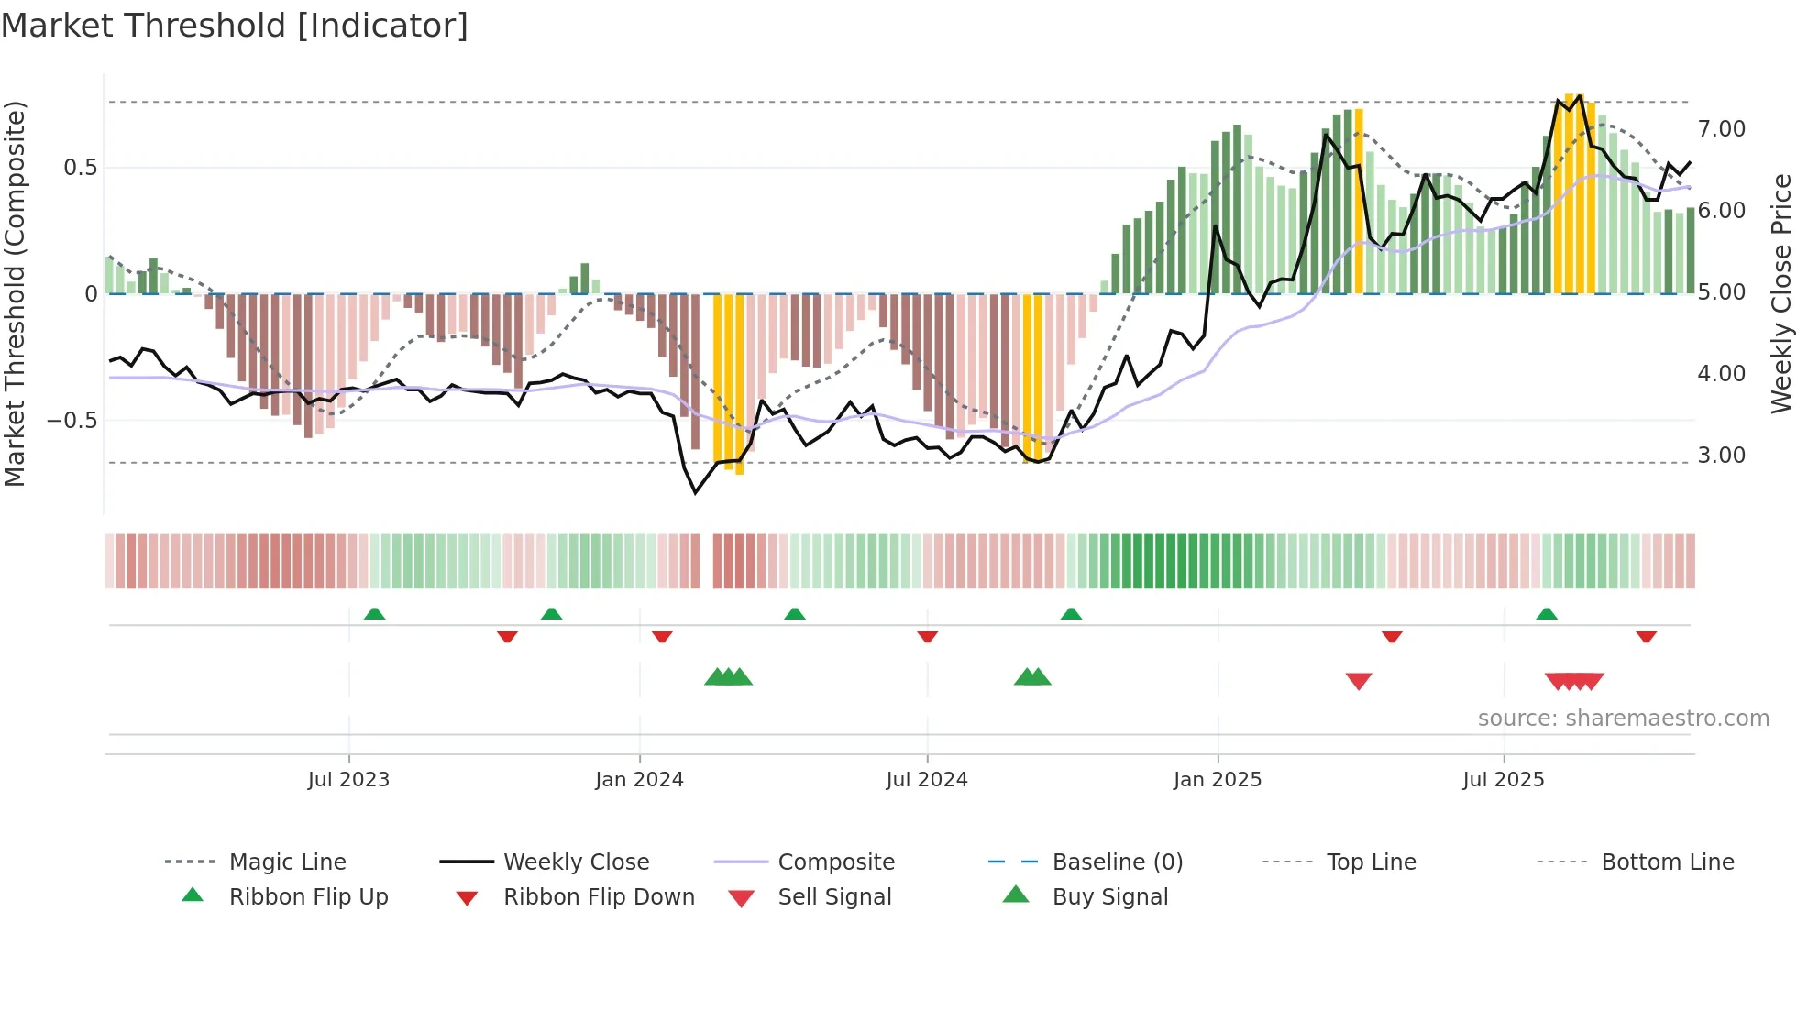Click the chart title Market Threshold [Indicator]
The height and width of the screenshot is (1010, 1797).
[x=235, y=26]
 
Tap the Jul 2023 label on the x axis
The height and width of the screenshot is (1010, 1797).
[x=348, y=780]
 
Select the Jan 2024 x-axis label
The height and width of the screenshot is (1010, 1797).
[x=639, y=780]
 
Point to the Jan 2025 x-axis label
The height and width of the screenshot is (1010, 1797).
[x=1218, y=780]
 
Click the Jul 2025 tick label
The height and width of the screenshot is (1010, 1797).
[x=1504, y=780]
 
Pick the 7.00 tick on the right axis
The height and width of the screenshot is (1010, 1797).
[x=1721, y=129]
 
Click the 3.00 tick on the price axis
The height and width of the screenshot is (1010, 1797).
[x=1721, y=456]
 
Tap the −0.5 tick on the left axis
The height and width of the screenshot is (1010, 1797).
[x=72, y=421]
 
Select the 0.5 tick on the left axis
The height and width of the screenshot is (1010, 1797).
[x=80, y=168]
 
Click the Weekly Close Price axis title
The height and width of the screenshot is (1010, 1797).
[x=1780, y=293]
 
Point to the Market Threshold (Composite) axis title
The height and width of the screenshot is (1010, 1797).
[x=15, y=293]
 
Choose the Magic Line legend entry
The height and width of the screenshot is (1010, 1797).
[x=287, y=862]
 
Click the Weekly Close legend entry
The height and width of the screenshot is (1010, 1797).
[x=576, y=862]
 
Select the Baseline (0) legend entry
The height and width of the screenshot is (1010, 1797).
[x=1117, y=862]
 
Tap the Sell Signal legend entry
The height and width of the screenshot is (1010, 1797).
[x=834, y=897]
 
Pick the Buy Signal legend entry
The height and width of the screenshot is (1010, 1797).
[x=1109, y=897]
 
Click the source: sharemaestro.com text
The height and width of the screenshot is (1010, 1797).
[x=1623, y=719]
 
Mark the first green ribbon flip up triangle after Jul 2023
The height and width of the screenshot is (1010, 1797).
[x=374, y=614]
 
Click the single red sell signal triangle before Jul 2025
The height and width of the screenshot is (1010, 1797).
[x=1359, y=681]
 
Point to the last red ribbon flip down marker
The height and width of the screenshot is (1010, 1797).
[x=1646, y=636]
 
